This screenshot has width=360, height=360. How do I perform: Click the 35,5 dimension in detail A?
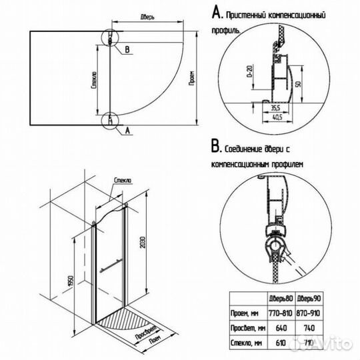click(273, 107)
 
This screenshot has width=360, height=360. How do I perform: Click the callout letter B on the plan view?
click(126, 49)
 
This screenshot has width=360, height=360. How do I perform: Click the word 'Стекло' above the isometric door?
click(123, 181)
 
